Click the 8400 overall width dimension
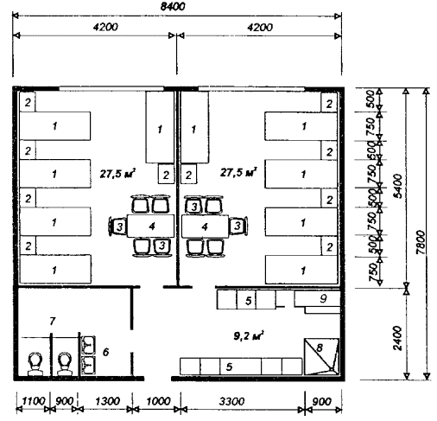(173, 6)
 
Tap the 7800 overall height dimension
(421, 242)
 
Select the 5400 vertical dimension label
(398, 186)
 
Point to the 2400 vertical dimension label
(397, 338)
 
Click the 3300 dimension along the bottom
(231, 401)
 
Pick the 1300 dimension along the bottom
(107, 401)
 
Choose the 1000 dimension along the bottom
(158, 401)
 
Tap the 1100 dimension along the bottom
(34, 401)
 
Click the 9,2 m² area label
(249, 335)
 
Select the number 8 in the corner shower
(320, 348)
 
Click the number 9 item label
(323, 298)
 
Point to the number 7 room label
(52, 321)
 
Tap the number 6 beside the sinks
(105, 352)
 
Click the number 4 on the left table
(152, 226)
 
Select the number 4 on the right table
(205, 227)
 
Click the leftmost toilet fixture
(35, 364)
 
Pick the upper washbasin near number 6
(88, 345)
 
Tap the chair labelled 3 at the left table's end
(117, 226)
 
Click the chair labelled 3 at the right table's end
(238, 226)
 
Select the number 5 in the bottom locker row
(229, 367)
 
